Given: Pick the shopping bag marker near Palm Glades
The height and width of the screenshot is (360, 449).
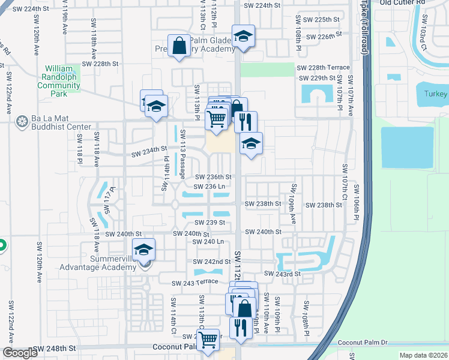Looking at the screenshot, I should [179, 46].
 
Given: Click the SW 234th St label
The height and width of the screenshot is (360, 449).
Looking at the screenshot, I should [149, 149].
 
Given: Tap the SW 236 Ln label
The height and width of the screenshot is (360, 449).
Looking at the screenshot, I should [210, 187].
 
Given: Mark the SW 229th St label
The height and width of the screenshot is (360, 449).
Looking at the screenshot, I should [318, 78].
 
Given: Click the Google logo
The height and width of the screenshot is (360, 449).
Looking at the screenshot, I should [20, 353].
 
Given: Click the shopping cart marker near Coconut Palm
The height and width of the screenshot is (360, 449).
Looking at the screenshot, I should [208, 340].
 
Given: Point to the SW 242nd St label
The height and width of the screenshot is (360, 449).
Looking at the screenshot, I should [211, 262].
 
